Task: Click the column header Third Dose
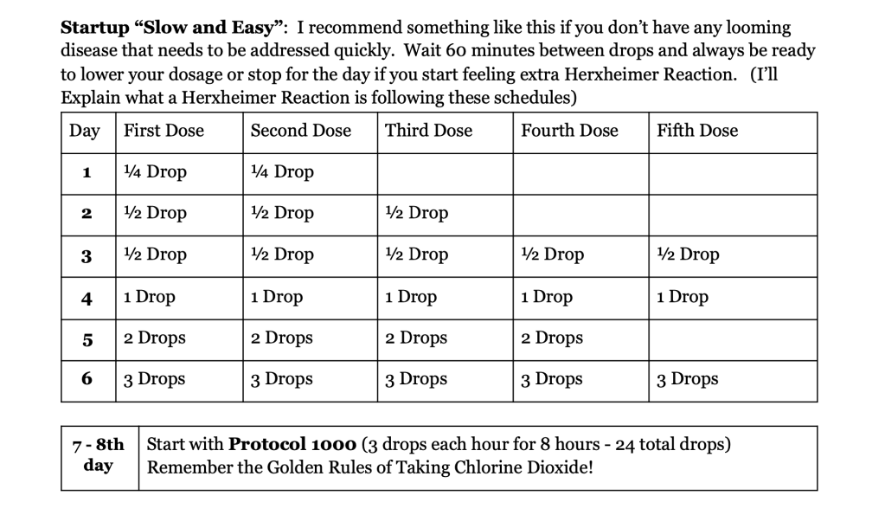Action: (428, 131)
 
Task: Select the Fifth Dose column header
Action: (697, 131)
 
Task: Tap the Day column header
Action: (85, 131)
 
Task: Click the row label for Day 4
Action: (87, 298)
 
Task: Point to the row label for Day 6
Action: (87, 380)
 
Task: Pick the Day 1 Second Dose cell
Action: (282, 172)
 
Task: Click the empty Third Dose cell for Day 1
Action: (445, 173)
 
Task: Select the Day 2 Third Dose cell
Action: (417, 214)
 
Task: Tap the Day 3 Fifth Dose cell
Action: (688, 255)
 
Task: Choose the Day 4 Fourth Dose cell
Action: (547, 297)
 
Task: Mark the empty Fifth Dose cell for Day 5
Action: (732, 338)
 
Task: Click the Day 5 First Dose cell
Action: (154, 338)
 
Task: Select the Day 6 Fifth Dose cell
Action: (687, 380)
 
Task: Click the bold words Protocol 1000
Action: (292, 446)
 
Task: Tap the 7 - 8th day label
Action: (99, 456)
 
